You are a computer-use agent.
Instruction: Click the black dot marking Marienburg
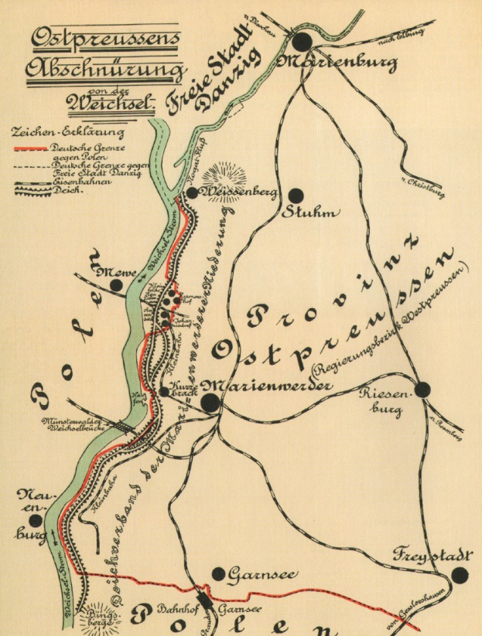[x=303, y=43]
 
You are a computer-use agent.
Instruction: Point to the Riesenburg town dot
[x=422, y=389]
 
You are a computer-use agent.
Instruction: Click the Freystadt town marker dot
[x=460, y=574]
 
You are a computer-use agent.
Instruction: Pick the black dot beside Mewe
[x=116, y=286]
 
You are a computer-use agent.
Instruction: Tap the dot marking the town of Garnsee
[x=219, y=574]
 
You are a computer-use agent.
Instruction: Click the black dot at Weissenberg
[x=191, y=192]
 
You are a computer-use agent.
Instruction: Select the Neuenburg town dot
[x=36, y=521]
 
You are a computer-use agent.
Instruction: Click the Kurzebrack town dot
[x=164, y=392]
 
